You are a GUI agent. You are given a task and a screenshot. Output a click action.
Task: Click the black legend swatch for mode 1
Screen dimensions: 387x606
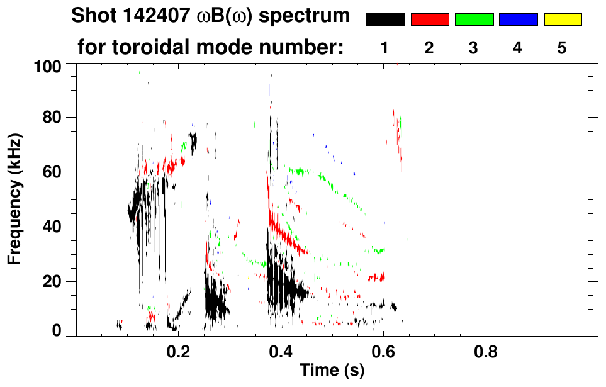385,20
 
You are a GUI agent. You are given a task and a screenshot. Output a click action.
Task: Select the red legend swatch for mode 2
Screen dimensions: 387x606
430,20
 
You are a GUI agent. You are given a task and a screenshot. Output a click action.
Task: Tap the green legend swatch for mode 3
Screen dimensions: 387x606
474,20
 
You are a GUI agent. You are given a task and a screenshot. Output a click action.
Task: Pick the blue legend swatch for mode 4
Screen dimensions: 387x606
518,20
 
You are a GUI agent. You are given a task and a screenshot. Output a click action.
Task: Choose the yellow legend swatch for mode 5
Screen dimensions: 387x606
562,20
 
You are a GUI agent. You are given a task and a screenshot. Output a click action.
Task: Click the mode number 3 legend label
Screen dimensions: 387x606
474,48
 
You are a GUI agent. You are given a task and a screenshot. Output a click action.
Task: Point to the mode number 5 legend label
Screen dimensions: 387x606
562,48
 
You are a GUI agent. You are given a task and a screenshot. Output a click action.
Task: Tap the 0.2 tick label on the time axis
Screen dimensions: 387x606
179,351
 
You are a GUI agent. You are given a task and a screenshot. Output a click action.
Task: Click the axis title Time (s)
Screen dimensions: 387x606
331,371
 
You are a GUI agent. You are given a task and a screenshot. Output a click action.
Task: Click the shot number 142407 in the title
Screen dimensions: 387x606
152,16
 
